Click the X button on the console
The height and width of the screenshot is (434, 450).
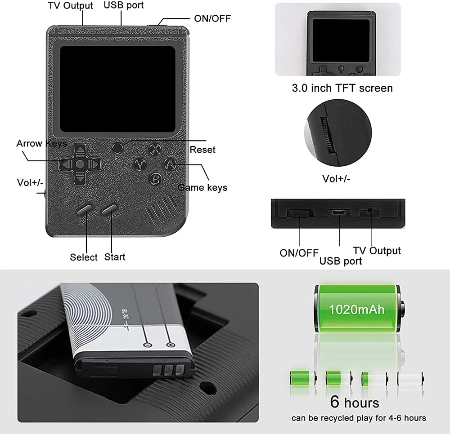[x=155, y=149]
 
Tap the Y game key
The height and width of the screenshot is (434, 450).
[x=140, y=164]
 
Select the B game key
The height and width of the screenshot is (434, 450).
[x=156, y=179]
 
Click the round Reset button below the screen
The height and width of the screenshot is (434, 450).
[x=117, y=148]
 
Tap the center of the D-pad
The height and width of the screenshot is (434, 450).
[x=80, y=164]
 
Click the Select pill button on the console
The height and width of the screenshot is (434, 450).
[x=85, y=209]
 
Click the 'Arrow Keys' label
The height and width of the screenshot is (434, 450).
[x=41, y=143]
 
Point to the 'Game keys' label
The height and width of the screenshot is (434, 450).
[x=202, y=188]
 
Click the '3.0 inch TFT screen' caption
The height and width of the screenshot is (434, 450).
[x=342, y=88]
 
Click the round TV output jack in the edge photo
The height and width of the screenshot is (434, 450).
[x=370, y=211]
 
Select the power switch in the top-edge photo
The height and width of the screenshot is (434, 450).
[x=298, y=213]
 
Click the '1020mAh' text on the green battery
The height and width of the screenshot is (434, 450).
[x=356, y=310]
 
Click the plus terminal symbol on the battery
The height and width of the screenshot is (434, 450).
[x=171, y=345]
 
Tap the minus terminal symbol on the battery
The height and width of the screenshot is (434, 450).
[x=147, y=345]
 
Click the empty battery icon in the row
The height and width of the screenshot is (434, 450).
[x=410, y=378]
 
